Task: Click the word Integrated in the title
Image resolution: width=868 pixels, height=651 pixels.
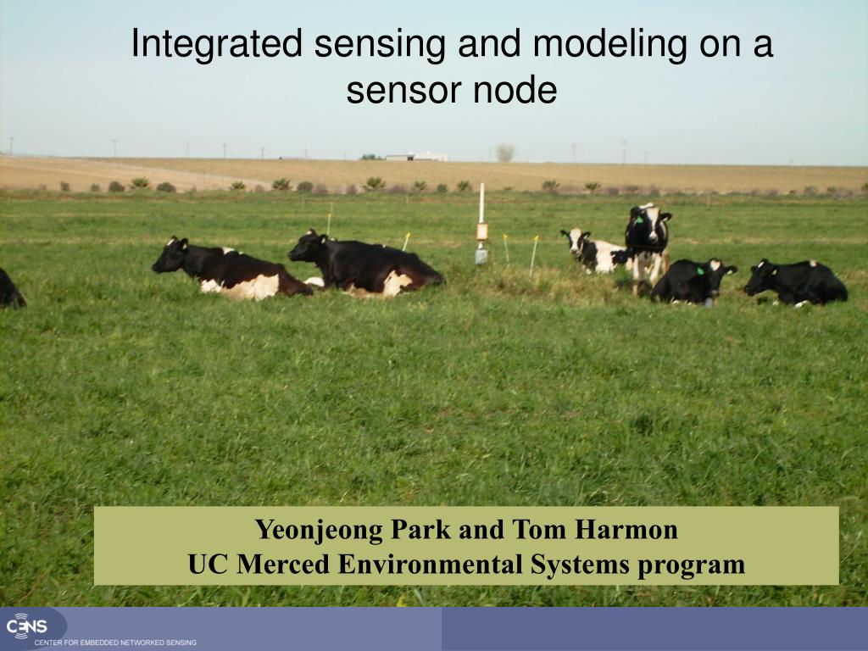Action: (x=217, y=44)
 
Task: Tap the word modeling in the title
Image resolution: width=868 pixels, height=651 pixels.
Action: (x=609, y=44)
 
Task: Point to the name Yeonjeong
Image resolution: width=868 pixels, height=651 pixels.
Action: (x=319, y=531)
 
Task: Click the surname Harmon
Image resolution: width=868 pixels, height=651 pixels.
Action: (x=626, y=529)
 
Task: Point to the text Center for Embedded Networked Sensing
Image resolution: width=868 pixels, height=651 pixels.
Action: (x=115, y=643)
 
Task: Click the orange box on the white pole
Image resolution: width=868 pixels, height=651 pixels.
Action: (x=482, y=231)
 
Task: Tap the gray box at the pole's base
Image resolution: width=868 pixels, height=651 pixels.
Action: (x=481, y=256)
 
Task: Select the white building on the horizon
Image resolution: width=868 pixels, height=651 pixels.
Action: (x=417, y=157)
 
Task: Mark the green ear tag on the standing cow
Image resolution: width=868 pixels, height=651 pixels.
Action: (x=640, y=220)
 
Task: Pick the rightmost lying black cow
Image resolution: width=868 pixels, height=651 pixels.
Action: (x=795, y=283)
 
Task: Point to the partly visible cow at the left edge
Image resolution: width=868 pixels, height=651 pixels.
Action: (x=11, y=288)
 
